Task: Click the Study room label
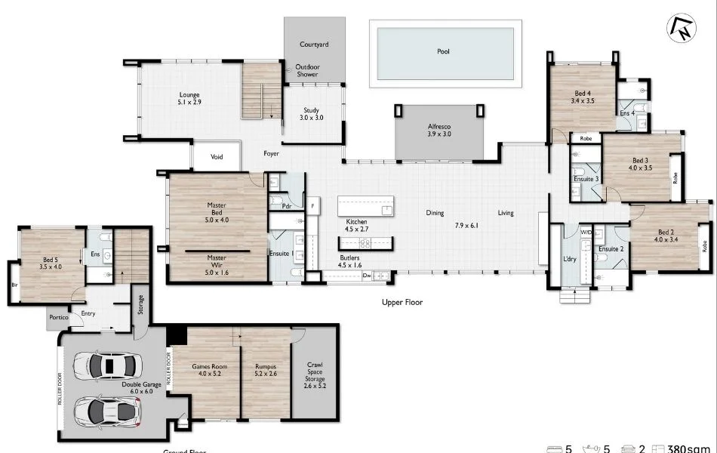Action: click(312, 114)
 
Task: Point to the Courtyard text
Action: click(314, 45)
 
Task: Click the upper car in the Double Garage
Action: click(106, 366)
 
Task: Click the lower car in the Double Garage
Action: click(106, 411)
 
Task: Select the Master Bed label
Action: click(217, 209)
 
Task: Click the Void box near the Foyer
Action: click(217, 157)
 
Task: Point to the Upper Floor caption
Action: click(402, 302)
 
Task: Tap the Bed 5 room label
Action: click(51, 262)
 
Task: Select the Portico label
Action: click(59, 317)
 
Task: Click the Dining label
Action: click(435, 213)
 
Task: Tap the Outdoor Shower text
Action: click(307, 70)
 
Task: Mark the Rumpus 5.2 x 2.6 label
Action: click(265, 370)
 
